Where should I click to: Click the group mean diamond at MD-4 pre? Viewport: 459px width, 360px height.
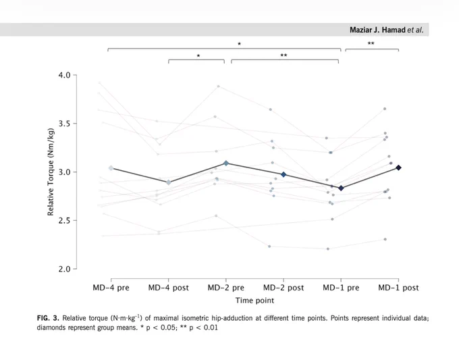(111, 168)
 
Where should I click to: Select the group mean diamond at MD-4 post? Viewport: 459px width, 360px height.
(169, 182)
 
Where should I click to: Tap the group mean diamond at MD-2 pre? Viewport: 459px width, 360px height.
(226, 163)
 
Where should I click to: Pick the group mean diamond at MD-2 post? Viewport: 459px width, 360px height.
(283, 174)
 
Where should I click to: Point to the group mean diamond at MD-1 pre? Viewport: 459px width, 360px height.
(341, 188)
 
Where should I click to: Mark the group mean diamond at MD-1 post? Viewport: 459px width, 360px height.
(398, 168)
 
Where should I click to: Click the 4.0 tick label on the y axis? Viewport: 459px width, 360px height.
(64, 75)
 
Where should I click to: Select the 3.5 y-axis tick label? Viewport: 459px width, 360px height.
(64, 124)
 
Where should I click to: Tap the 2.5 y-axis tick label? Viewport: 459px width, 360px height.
(64, 220)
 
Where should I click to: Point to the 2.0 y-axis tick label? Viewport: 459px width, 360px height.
(64, 269)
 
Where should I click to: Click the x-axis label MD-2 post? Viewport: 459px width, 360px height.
(283, 288)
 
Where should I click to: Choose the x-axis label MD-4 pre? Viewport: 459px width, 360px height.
(111, 288)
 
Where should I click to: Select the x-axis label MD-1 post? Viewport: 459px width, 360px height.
(398, 288)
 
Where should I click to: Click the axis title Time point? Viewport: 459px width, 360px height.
(254, 301)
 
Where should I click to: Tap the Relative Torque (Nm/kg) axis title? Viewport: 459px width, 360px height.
(51, 172)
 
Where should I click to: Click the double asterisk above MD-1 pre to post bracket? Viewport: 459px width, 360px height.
(371, 43)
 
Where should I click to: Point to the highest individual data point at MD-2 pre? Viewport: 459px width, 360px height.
(219, 86)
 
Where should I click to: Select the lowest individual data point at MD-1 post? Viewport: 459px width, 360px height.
(385, 239)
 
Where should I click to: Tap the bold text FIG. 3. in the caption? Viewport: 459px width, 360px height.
(48, 318)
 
